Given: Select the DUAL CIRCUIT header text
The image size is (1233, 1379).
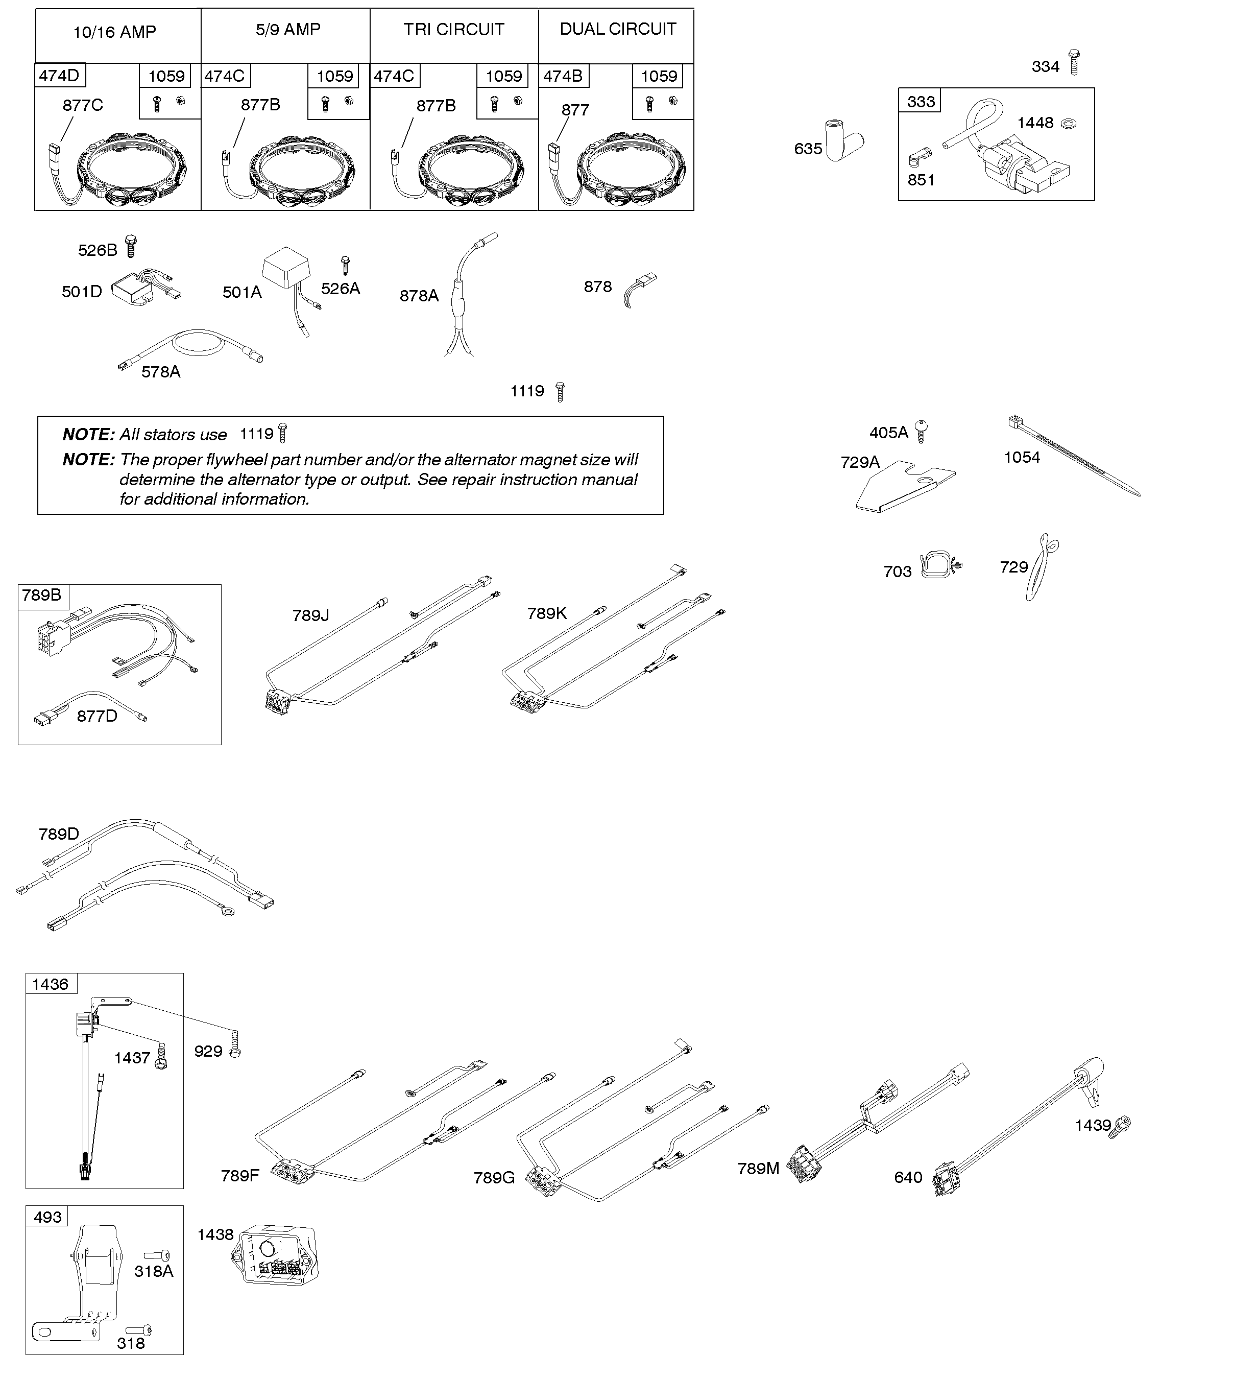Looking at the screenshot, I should [x=617, y=29].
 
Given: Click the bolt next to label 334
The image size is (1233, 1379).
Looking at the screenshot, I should [x=1074, y=62].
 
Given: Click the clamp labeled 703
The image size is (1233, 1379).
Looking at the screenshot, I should [x=939, y=565].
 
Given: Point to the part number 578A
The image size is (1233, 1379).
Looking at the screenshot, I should [x=160, y=372].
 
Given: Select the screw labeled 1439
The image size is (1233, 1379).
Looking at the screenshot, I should [x=1122, y=1126].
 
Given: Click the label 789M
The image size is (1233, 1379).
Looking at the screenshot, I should [x=758, y=1168].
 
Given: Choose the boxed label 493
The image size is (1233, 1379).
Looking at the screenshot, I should [x=47, y=1217].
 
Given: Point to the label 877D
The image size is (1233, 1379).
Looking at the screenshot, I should [x=97, y=716].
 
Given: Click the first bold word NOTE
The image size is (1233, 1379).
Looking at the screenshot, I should [x=88, y=434].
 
